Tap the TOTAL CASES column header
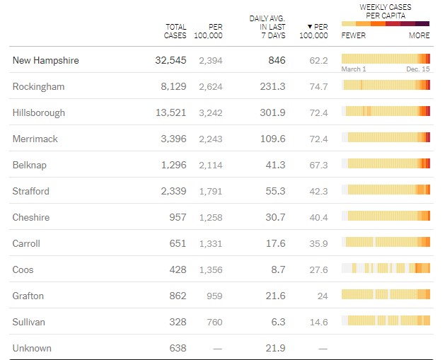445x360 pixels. coord(175,31)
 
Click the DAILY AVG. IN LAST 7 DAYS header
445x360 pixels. coord(267,27)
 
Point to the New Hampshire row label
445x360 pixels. coord(45,60)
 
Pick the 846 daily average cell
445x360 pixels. coord(277,60)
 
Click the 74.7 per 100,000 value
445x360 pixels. coord(318,86)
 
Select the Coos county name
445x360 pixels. coord(23,269)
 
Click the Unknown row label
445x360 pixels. coord(32,348)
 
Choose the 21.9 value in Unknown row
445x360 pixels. coord(276,348)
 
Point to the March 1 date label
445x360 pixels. coord(354,69)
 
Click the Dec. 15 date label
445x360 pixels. coord(417,69)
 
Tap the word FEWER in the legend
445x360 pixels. coord(354,35)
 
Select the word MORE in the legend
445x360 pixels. coord(419,35)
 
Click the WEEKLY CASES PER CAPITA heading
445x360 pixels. coord(386,11)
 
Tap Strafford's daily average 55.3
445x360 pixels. coord(274,191)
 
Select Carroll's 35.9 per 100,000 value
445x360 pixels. coord(318,243)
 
